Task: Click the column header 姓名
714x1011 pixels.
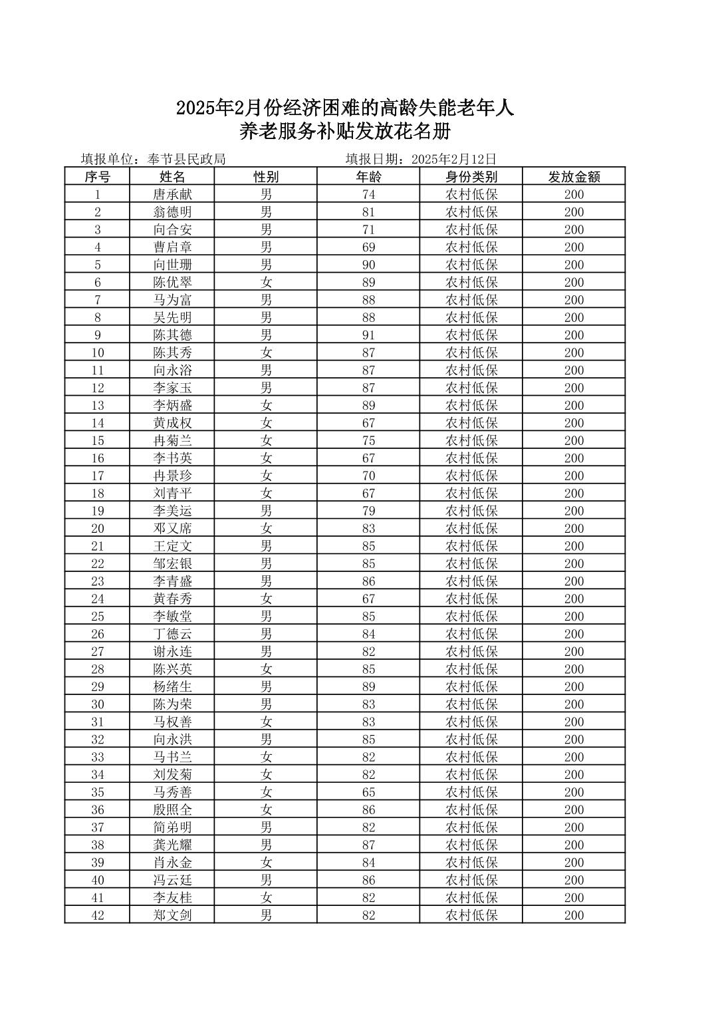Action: [x=172, y=176]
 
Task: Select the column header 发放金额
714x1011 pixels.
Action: [x=574, y=176]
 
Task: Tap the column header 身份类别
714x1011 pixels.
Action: [x=471, y=176]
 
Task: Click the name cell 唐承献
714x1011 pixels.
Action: [x=172, y=194]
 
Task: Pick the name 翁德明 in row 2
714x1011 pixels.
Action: [x=172, y=212]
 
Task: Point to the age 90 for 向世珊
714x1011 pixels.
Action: [x=368, y=265]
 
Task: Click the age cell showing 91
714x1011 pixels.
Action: [x=368, y=335]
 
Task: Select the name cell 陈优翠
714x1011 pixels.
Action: [x=172, y=282]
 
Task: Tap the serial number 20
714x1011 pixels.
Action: [x=98, y=529]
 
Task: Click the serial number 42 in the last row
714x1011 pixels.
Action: [x=98, y=915]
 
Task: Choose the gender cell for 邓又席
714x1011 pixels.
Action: [x=266, y=529]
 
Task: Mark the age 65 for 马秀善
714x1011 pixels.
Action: [x=368, y=792]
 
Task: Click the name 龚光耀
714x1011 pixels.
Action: [x=172, y=845]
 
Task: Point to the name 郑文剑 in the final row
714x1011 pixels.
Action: [x=172, y=915]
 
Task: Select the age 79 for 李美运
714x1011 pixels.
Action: [x=368, y=511]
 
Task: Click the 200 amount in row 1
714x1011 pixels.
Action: [x=574, y=194]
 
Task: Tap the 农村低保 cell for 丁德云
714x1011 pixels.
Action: [x=471, y=634]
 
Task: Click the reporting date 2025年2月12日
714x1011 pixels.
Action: [x=454, y=159]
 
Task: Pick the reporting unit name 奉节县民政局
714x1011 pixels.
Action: [x=187, y=159]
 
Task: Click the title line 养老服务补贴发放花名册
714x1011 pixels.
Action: [x=345, y=132]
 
